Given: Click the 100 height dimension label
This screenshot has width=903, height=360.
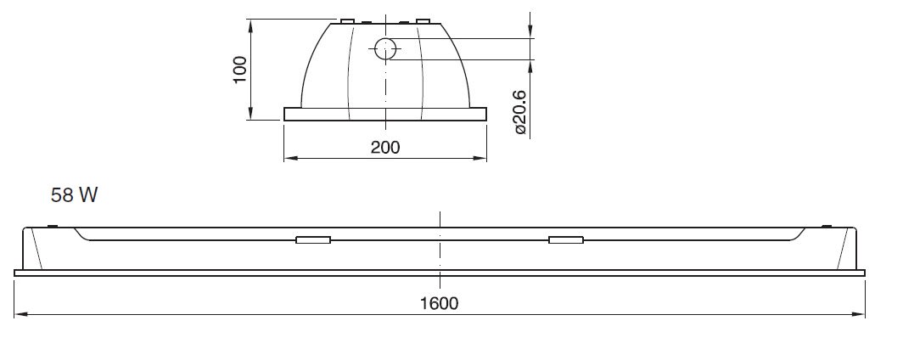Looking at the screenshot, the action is [x=240, y=69].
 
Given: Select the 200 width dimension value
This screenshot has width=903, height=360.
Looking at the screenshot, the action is [x=385, y=148].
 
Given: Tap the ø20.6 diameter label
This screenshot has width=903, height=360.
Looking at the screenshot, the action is [x=520, y=112].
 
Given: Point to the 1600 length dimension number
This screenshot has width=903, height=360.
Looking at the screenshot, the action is [x=440, y=303].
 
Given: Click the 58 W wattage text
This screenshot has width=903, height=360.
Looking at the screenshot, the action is [x=75, y=195].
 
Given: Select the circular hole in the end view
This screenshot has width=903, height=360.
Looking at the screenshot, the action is [x=386, y=49].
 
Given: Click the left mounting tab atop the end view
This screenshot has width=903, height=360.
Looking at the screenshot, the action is [x=348, y=20].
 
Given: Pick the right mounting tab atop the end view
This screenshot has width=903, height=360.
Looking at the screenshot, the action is [x=423, y=20].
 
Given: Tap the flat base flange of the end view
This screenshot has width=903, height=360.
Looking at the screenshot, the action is [x=385, y=114].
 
